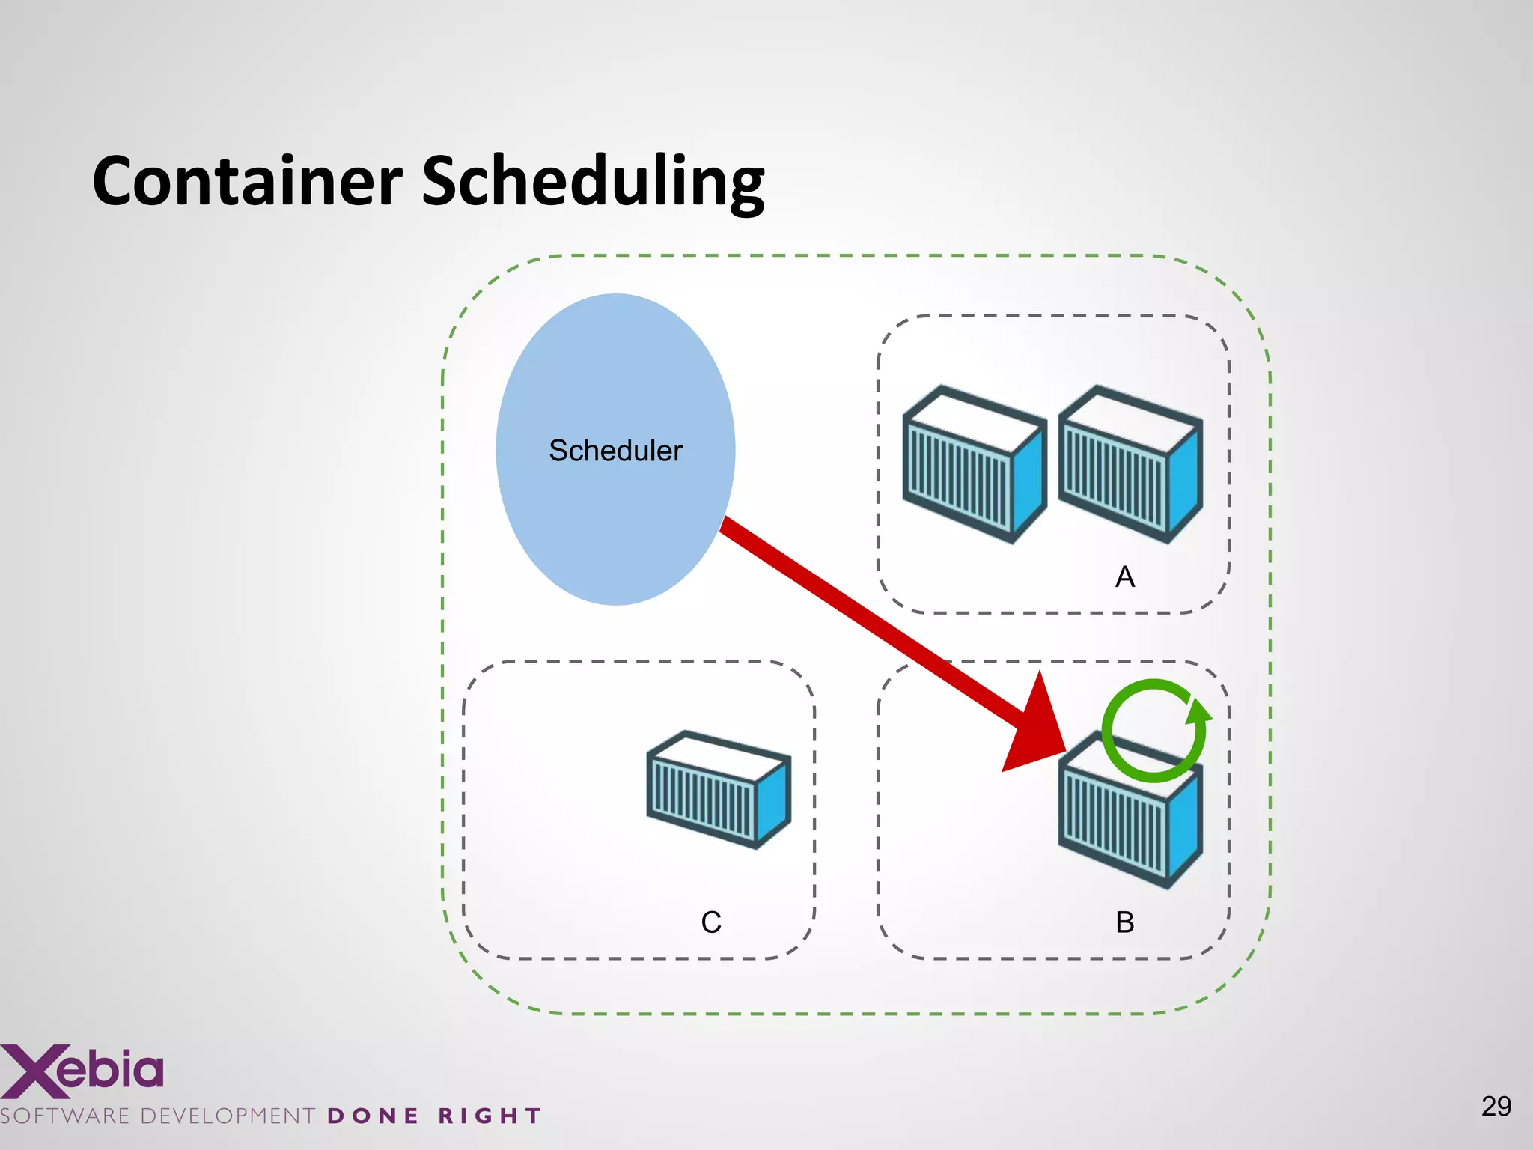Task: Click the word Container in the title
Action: point(247,182)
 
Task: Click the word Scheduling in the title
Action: point(593,182)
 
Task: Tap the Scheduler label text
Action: point(615,451)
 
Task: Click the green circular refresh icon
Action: point(1154,731)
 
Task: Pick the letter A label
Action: point(1125,577)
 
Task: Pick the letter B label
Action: point(1125,922)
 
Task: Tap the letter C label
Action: point(711,922)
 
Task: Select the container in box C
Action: point(717,790)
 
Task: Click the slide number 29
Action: point(1496,1106)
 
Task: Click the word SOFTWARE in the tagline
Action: point(66,1116)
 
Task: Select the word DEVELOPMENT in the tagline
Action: point(228,1116)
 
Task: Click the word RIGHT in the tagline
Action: point(490,1116)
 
